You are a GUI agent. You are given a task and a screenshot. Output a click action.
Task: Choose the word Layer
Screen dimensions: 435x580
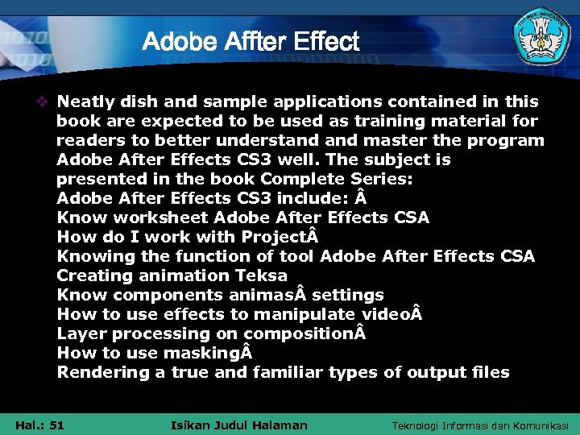coord(80,334)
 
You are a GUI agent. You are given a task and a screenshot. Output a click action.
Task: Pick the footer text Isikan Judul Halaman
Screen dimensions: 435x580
coord(240,425)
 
